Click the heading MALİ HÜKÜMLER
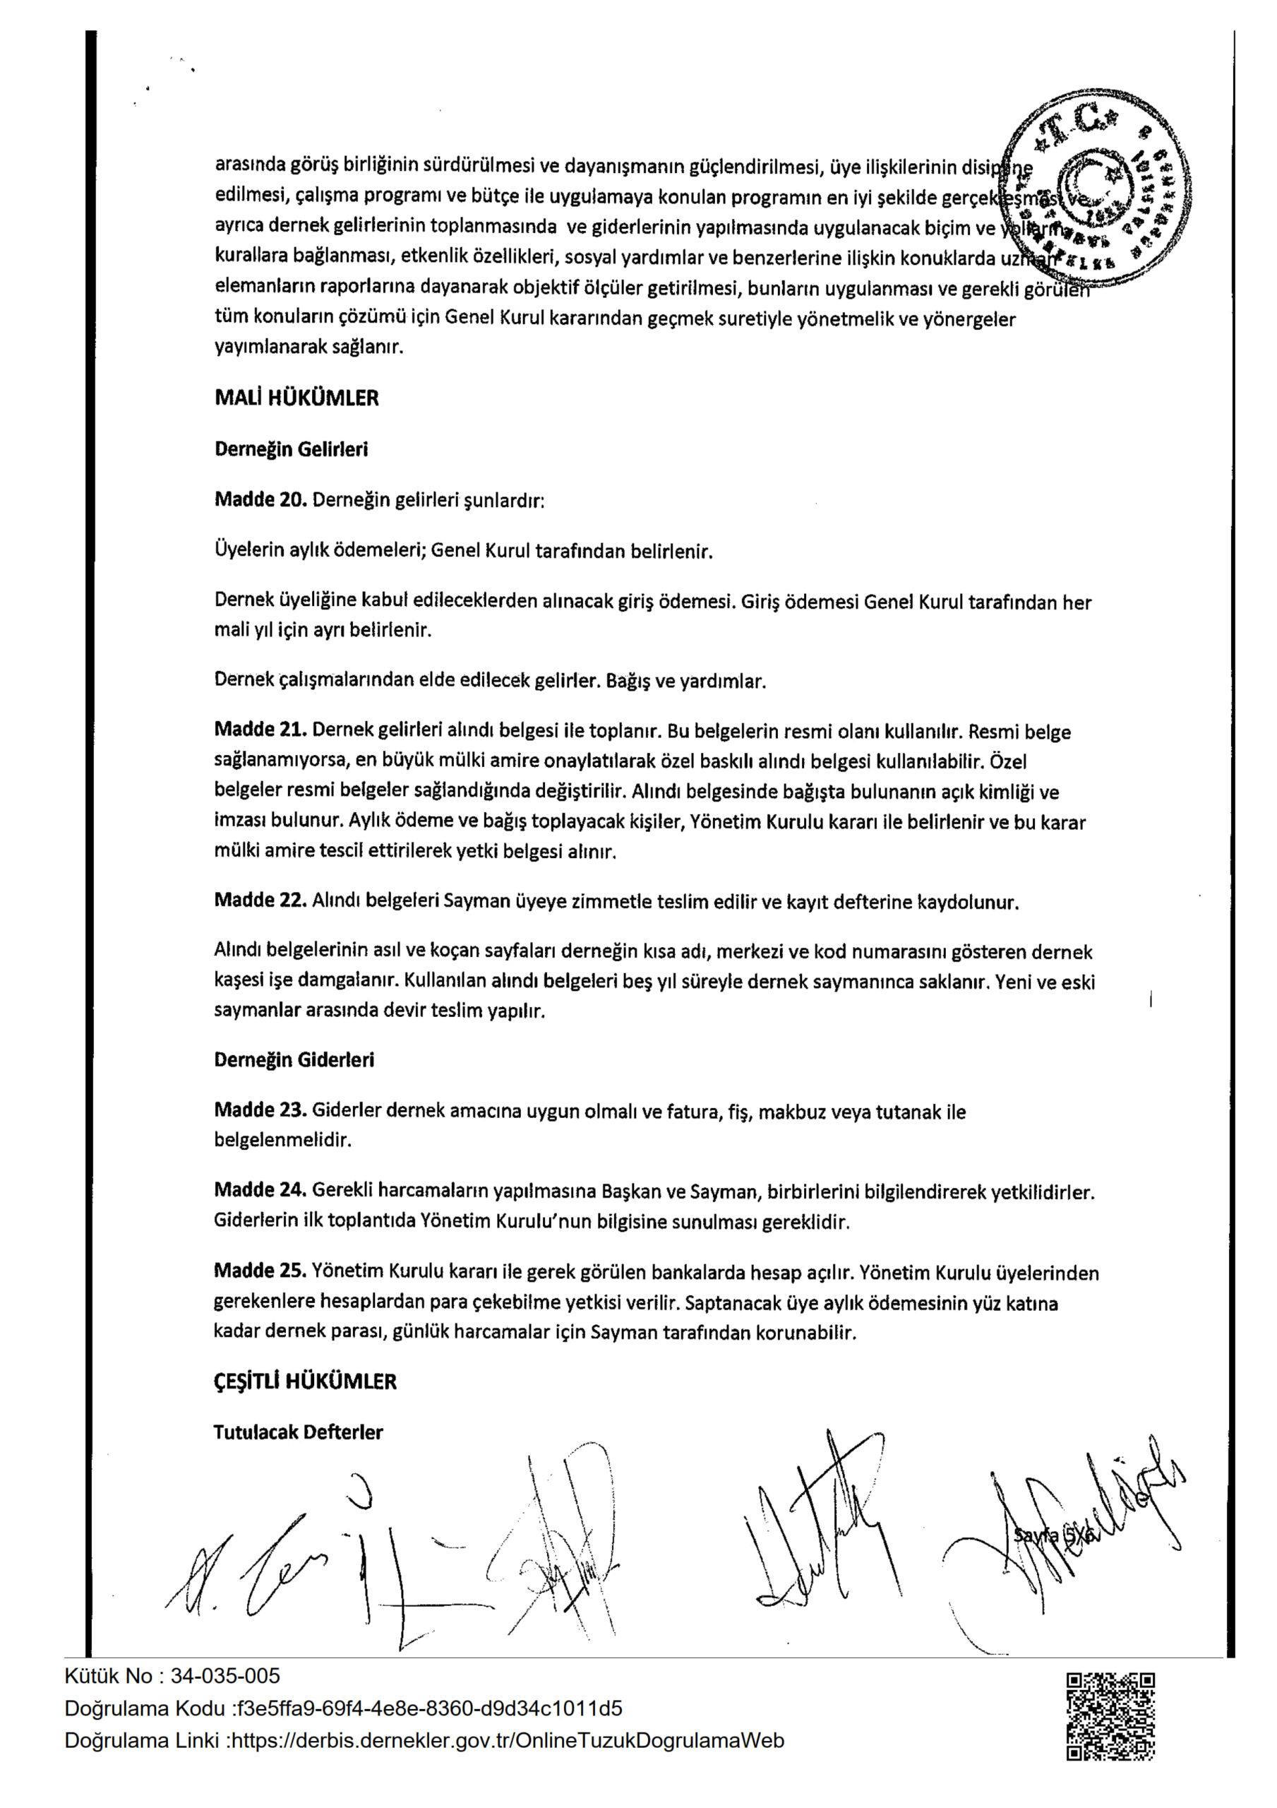coord(296,398)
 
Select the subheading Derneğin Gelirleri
coord(291,450)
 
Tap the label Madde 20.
coord(260,500)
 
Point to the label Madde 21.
coord(260,730)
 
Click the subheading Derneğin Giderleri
coord(294,1060)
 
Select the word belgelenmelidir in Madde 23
coord(282,1139)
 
